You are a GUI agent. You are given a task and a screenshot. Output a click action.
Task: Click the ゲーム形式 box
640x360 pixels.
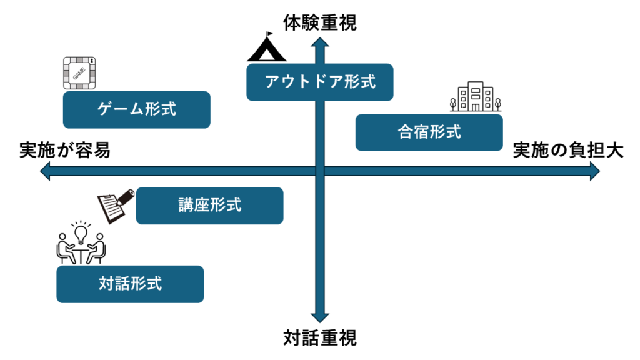tap(137, 110)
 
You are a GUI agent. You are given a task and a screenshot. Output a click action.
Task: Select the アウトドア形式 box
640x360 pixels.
tap(320, 82)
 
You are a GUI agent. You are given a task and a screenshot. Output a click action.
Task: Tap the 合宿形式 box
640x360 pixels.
tap(429, 132)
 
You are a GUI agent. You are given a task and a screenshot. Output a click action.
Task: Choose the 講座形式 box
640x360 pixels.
tap(210, 206)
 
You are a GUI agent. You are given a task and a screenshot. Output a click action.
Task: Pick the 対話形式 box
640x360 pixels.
tap(130, 284)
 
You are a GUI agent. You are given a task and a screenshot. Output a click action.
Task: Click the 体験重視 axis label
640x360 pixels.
tap(320, 23)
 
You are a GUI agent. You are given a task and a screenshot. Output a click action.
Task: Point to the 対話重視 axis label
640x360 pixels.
tap(320, 338)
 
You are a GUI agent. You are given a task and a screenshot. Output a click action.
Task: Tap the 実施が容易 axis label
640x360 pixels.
tap(65, 150)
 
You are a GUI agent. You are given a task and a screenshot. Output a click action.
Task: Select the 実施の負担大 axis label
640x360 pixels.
tap(568, 150)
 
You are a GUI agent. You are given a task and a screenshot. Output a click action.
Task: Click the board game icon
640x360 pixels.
tap(79, 73)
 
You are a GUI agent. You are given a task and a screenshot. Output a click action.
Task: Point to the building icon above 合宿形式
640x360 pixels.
tap(476, 96)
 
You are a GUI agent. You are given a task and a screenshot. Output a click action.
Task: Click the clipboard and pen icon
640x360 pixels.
tap(116, 206)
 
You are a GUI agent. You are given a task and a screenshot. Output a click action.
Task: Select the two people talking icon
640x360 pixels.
tap(81, 242)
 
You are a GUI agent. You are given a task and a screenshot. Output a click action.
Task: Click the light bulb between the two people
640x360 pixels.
tap(81, 234)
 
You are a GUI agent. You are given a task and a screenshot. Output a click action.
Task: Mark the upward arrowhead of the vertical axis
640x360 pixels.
tap(320, 42)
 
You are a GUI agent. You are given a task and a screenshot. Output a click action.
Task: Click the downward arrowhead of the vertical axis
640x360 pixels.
tap(320, 318)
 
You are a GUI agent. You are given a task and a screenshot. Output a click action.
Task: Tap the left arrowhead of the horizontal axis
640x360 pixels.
tap(45, 171)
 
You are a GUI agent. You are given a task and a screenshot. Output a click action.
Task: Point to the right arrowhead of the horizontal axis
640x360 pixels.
tap(595, 171)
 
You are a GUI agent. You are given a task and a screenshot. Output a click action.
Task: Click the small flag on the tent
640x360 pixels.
tap(269, 34)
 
